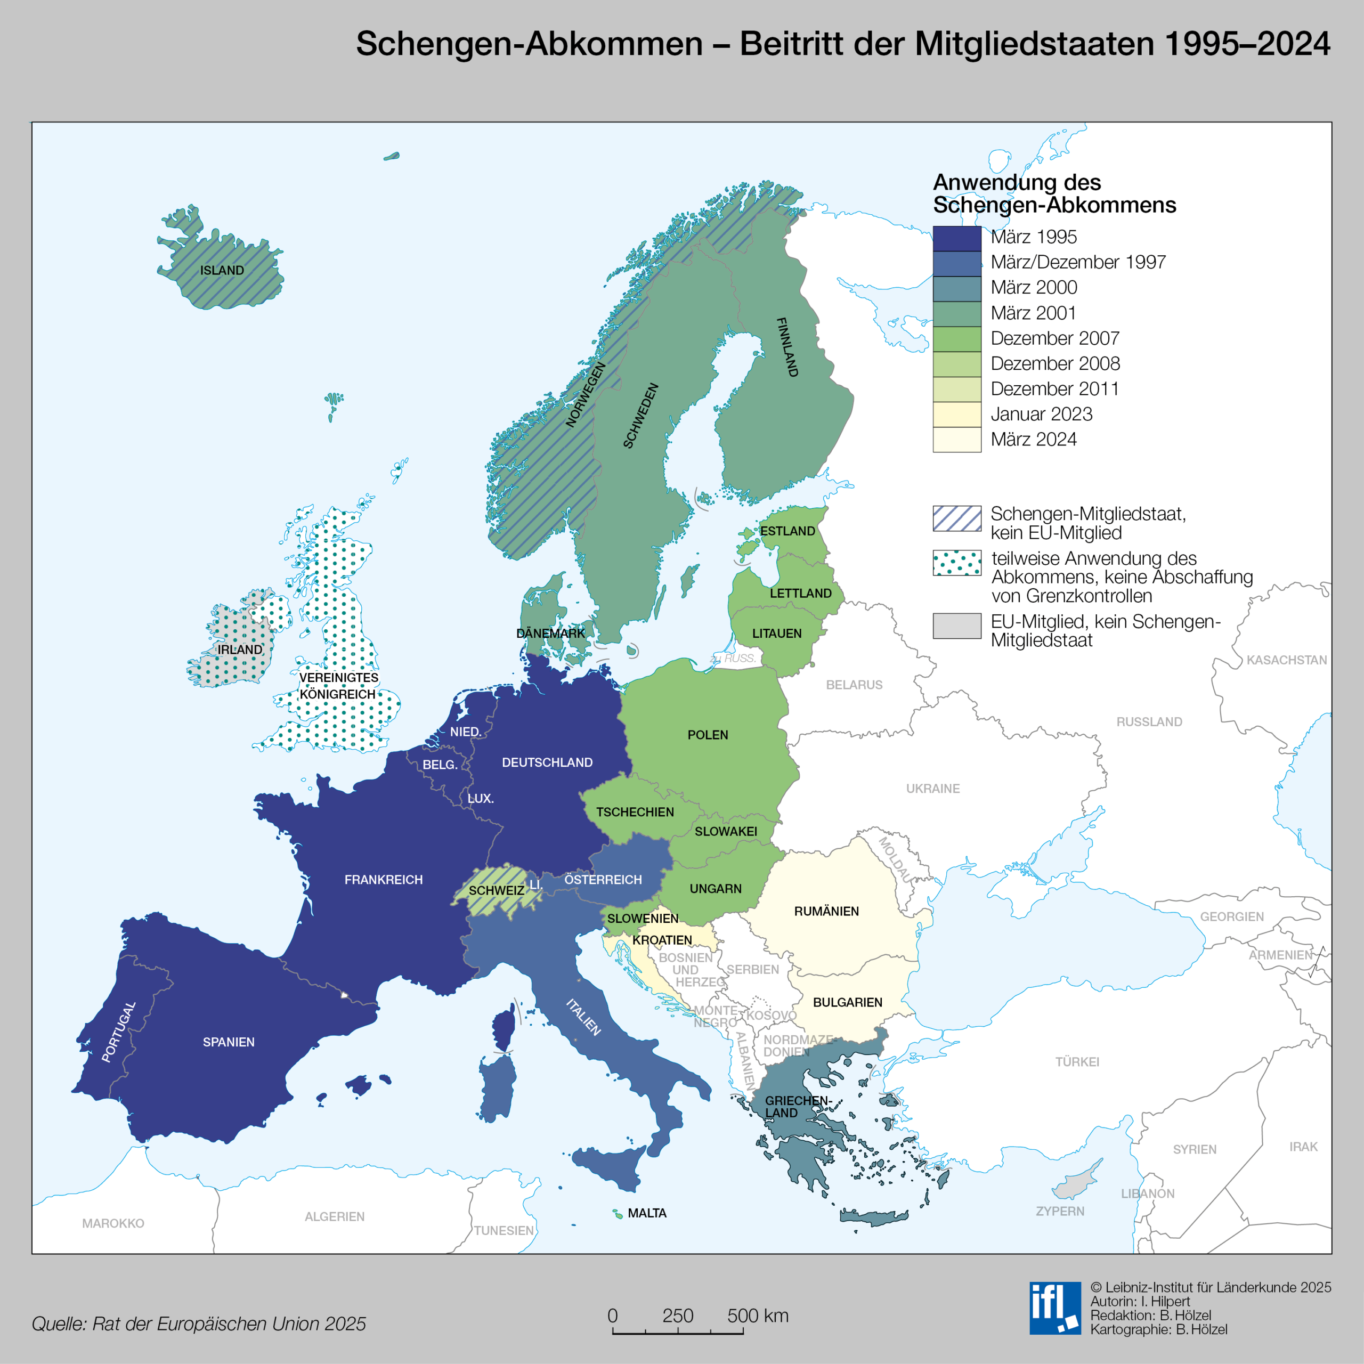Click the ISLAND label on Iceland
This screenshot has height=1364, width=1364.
tap(222, 270)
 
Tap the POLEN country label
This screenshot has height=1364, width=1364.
tap(708, 735)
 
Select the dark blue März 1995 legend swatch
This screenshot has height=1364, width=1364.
tap(956, 239)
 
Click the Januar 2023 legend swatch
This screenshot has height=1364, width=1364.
tap(956, 415)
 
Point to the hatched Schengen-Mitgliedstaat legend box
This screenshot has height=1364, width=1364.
tap(956, 518)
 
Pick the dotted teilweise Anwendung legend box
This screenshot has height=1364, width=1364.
tap(956, 563)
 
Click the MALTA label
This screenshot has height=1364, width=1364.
tap(647, 1213)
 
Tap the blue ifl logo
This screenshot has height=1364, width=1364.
tap(1055, 1308)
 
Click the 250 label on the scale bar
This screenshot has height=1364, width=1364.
tap(677, 1316)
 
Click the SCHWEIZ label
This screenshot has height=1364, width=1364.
tap(497, 890)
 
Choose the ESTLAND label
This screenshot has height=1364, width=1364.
tap(787, 531)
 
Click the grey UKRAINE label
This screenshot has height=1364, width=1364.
tap(932, 789)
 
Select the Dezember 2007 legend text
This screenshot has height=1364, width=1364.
tap(1055, 338)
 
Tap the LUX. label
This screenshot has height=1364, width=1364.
tap(480, 799)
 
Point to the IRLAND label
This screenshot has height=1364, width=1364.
tap(239, 649)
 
